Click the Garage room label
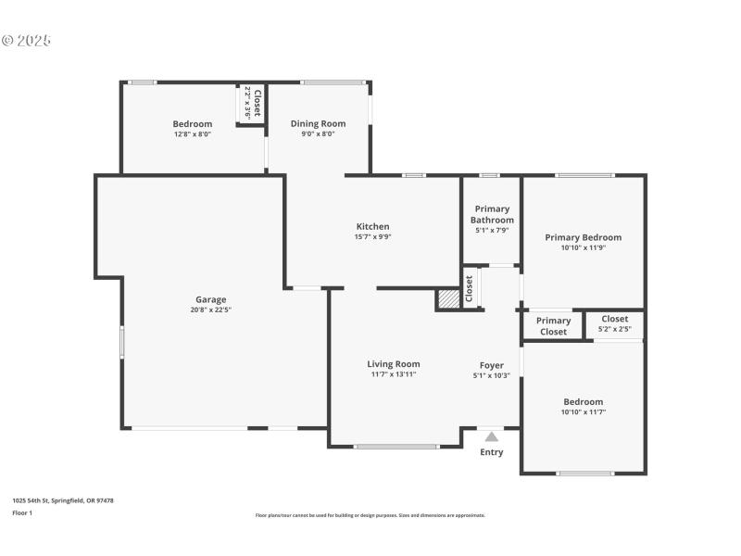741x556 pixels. tap(210, 299)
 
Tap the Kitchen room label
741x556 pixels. tap(373, 226)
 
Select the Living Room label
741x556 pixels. tap(394, 364)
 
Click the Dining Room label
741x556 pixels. tap(318, 123)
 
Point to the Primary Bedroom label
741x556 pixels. tap(583, 237)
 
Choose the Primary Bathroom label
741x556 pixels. tap(492, 214)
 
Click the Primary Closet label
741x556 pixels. tap(553, 326)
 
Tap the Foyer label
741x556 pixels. tap(491, 365)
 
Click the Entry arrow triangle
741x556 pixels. tap(491, 436)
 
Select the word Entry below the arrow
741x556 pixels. tap(491, 452)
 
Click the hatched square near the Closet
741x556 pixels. tap(448, 299)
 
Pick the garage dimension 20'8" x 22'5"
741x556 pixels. tap(210, 310)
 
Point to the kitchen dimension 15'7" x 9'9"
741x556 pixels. tap(373, 236)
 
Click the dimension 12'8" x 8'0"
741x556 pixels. tap(193, 134)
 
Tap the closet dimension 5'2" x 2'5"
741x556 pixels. tap(614, 329)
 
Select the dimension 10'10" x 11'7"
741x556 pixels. tap(583, 412)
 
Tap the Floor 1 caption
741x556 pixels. tap(21, 512)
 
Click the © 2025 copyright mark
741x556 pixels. tap(26, 41)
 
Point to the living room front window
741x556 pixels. tap(396, 447)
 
